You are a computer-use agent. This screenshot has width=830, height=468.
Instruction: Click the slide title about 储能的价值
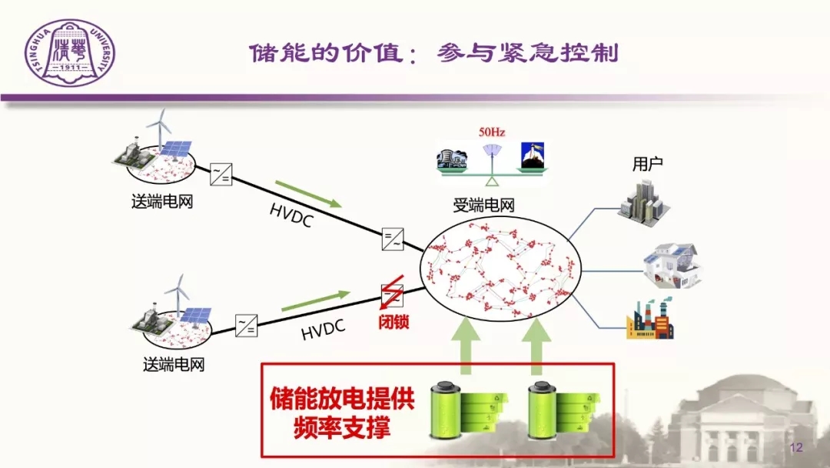433,54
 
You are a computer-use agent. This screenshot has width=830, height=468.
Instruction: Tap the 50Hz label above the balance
492,132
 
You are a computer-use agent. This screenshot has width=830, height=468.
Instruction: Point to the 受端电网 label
483,206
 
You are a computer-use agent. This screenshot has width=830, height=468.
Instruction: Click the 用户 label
647,165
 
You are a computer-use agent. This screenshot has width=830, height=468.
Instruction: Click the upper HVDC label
292,216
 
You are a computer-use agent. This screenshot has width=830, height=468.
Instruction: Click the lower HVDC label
323,330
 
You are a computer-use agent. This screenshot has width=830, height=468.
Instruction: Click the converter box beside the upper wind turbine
221,175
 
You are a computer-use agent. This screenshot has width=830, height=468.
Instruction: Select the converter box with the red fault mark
392,294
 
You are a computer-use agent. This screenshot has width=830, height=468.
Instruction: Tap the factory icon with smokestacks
650,319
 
